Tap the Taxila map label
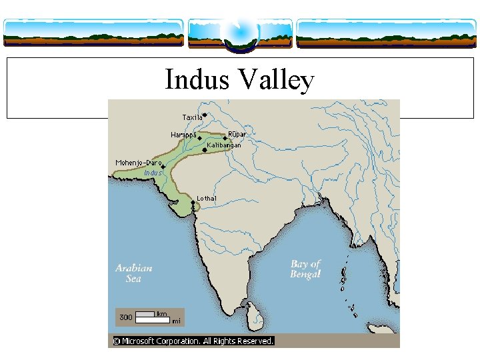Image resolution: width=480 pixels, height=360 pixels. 192,118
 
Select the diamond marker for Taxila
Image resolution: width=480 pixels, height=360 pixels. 205,115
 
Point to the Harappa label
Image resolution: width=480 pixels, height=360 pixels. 183,135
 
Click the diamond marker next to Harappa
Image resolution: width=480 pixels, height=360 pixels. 199,138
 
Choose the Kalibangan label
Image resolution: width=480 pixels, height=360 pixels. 224,145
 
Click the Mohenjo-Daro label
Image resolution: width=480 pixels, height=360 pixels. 138,163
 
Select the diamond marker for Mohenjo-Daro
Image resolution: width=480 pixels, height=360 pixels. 163,167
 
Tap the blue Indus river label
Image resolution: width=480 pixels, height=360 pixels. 153,173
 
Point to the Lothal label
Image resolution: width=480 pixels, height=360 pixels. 206,198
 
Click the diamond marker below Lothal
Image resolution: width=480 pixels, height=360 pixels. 193,203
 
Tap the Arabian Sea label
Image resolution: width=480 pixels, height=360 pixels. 134,273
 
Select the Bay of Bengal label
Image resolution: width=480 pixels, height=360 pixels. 305,269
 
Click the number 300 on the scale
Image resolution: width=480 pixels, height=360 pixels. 125,317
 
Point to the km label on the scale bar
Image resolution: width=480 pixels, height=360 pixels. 162,313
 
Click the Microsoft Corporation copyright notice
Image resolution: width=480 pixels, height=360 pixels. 193,341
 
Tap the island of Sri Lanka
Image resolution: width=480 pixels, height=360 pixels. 251,309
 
